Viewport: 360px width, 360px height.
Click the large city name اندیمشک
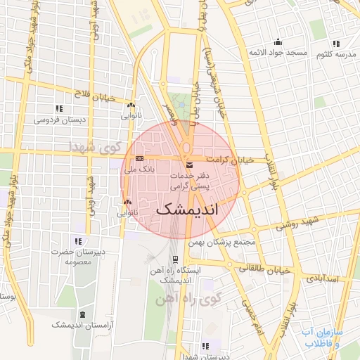point(186,209)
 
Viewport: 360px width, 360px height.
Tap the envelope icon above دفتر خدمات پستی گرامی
point(188,165)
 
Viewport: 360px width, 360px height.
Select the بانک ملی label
point(139,169)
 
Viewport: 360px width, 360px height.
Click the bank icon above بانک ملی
point(139,157)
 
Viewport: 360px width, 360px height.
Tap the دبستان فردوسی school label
point(60,120)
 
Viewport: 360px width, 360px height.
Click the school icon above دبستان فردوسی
point(59,108)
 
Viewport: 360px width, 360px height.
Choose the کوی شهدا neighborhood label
point(96,147)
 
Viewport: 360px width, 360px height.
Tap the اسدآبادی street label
point(323,278)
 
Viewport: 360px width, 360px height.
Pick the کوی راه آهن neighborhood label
point(188,300)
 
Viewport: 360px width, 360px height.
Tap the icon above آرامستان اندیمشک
point(83,314)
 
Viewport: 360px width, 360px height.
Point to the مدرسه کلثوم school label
point(334,54)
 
